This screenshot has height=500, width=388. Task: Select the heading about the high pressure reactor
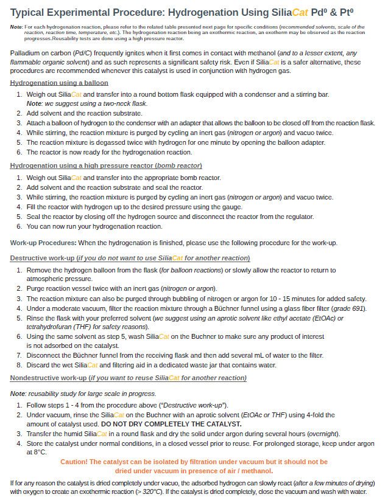[x=106, y=165]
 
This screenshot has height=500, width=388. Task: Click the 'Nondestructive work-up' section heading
[x=128, y=378]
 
